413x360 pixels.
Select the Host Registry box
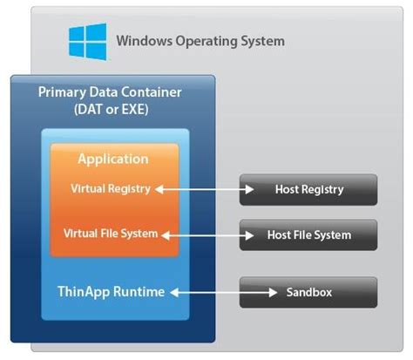point(308,189)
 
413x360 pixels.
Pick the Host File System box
point(308,234)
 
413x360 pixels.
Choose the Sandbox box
point(308,292)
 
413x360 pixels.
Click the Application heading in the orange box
point(113,160)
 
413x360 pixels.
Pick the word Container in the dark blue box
point(149,92)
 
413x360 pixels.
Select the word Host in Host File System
point(280,234)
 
